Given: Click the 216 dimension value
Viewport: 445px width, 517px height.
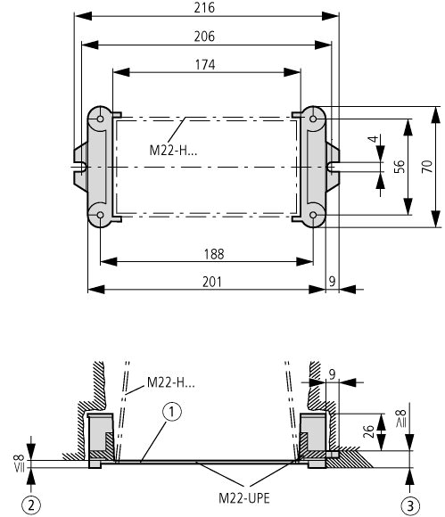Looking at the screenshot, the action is pos(204,8).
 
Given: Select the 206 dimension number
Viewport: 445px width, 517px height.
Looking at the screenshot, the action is pos(204,37).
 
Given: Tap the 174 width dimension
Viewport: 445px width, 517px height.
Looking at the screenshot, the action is pos(205,65).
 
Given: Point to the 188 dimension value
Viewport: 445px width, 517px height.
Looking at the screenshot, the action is pos(214,254).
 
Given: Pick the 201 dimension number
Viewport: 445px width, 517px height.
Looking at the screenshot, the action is pos(211,283).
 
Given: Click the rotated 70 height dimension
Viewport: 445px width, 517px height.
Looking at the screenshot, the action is pos(427,166).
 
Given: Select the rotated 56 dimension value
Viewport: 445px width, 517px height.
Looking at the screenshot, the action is pos(400,167).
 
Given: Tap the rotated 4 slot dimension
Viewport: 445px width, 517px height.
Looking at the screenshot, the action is pos(373,139).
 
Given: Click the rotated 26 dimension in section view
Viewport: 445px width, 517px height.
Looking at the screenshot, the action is pos(368,431).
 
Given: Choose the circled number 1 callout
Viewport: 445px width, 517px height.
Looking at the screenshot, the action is pos(172,412).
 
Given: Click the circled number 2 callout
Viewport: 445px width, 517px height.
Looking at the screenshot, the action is pos(31,505).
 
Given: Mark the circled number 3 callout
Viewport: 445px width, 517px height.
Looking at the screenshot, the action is pos(410,505).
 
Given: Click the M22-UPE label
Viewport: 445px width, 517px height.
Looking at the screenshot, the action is pos(244,498).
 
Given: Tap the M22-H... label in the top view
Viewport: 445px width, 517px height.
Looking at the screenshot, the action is pos(173,151).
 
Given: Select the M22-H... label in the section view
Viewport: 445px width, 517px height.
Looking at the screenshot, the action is pos(171,382).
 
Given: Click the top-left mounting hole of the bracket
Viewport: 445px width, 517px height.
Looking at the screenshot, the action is pos(100,119).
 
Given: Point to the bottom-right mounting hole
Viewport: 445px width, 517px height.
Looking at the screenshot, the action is pos(313,216).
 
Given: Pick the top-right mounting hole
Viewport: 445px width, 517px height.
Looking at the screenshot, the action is pos(313,119).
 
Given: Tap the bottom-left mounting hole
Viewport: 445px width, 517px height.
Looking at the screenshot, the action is pos(100,216).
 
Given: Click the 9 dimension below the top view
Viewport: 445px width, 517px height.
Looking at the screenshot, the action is pos(332,282).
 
